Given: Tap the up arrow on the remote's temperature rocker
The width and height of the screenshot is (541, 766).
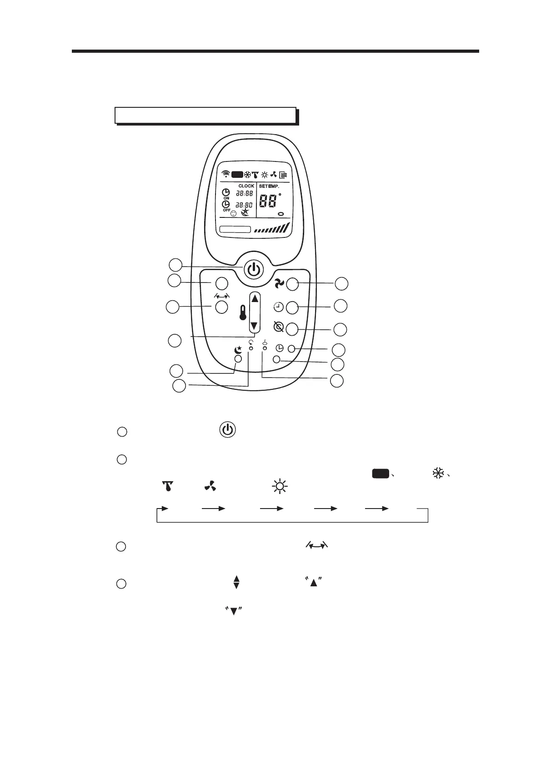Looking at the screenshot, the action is click(x=255, y=299).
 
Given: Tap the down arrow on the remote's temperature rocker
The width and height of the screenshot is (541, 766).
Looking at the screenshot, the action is click(x=255, y=326).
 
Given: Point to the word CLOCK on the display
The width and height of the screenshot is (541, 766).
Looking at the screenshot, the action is click(x=246, y=186).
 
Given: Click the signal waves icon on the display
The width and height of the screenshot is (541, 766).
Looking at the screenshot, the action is click(x=225, y=174).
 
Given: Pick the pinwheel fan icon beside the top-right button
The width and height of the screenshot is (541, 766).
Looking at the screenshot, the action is click(x=279, y=284).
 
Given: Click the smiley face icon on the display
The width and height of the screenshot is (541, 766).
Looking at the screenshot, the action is click(x=234, y=213).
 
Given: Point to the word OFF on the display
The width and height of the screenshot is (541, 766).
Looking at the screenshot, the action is click(x=226, y=210).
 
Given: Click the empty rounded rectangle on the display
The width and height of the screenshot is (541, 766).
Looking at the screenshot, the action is click(x=235, y=229).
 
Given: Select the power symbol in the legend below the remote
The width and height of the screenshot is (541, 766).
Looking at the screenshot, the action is click(x=228, y=430).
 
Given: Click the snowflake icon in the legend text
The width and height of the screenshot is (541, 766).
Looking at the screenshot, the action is click(x=438, y=474).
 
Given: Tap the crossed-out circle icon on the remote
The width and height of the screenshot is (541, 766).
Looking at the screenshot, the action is click(x=279, y=327).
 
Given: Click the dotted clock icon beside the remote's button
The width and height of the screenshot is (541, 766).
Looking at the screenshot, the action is click(x=278, y=307).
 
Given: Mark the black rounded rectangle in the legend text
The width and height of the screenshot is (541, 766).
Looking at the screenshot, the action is click(x=381, y=474).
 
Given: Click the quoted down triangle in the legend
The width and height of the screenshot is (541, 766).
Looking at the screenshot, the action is click(x=233, y=611).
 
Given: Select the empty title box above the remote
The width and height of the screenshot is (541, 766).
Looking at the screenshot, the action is click(x=205, y=116).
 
